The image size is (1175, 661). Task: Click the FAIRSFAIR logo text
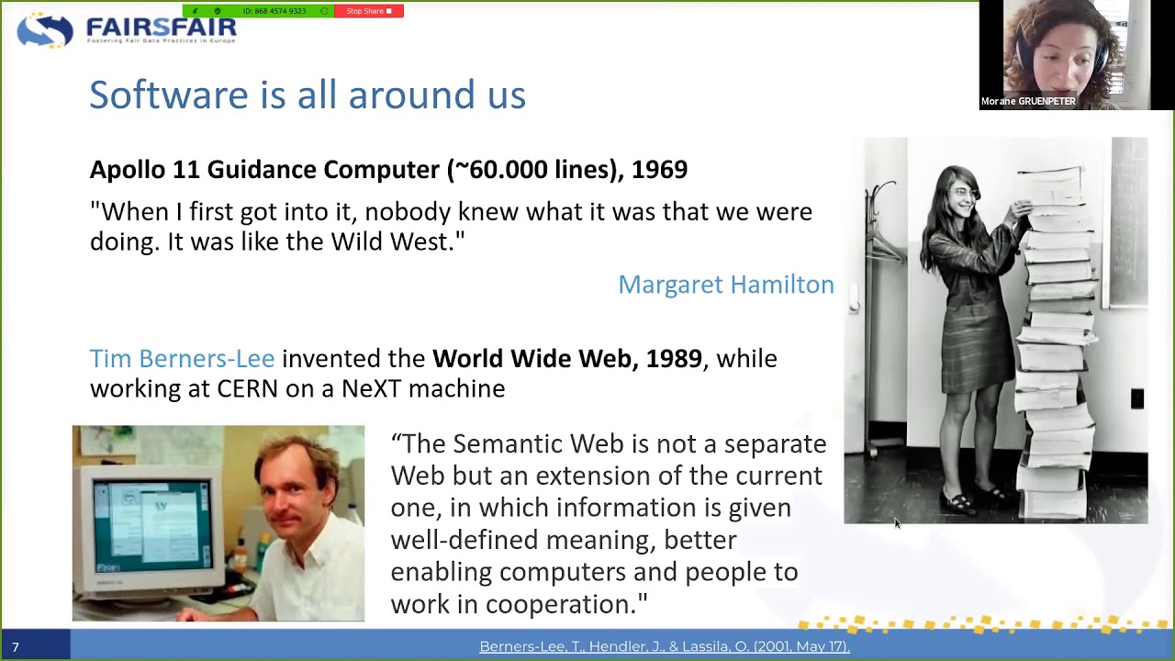click(161, 28)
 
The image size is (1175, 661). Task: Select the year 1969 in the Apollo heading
click(659, 170)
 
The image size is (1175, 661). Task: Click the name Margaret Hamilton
click(725, 285)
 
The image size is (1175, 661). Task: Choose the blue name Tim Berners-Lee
click(182, 359)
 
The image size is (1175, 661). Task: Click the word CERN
click(247, 388)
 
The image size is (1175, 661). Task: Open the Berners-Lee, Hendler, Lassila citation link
click(664, 647)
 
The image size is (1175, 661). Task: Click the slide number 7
click(16, 647)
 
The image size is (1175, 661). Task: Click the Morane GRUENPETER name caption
click(1027, 102)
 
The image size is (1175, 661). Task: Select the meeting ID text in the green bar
click(274, 11)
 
